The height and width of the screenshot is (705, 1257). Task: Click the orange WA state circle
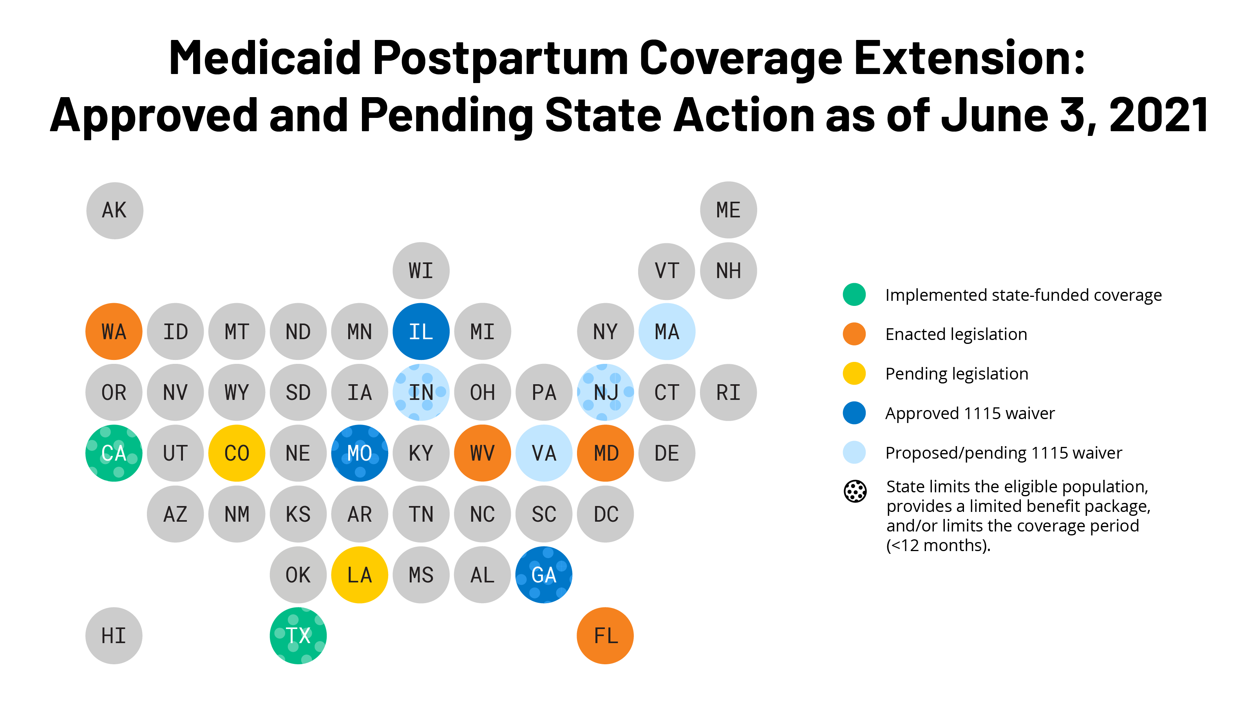pos(114,332)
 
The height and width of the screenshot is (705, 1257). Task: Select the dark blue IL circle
pos(421,332)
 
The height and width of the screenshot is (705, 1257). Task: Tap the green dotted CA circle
pos(114,453)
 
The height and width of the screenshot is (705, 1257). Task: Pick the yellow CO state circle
pos(237,453)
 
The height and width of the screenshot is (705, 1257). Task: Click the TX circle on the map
pos(298,636)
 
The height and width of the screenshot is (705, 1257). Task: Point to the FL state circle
pos(605,636)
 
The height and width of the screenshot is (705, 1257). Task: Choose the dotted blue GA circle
pos(544,575)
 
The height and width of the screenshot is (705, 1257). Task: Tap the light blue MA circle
pos(667,332)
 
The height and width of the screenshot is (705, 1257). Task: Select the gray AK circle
pos(115,211)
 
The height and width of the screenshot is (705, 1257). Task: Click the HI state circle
pos(114,636)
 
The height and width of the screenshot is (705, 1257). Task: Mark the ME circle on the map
pos(728,210)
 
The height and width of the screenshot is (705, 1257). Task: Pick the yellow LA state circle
pos(360,575)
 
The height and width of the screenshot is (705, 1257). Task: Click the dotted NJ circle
pos(605,392)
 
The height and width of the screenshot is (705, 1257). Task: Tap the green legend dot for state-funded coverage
pos(854,295)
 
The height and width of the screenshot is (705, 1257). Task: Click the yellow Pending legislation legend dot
pos(854,374)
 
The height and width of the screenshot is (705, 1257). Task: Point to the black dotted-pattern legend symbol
pos(855,491)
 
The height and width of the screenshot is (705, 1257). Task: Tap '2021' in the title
pos(1159,116)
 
